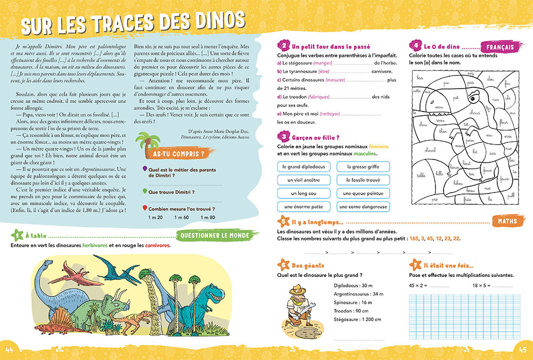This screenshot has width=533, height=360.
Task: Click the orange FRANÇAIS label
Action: coord(500,47)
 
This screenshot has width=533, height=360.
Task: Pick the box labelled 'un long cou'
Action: coord(304,193)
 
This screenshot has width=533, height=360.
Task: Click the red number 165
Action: coord(416,238)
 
